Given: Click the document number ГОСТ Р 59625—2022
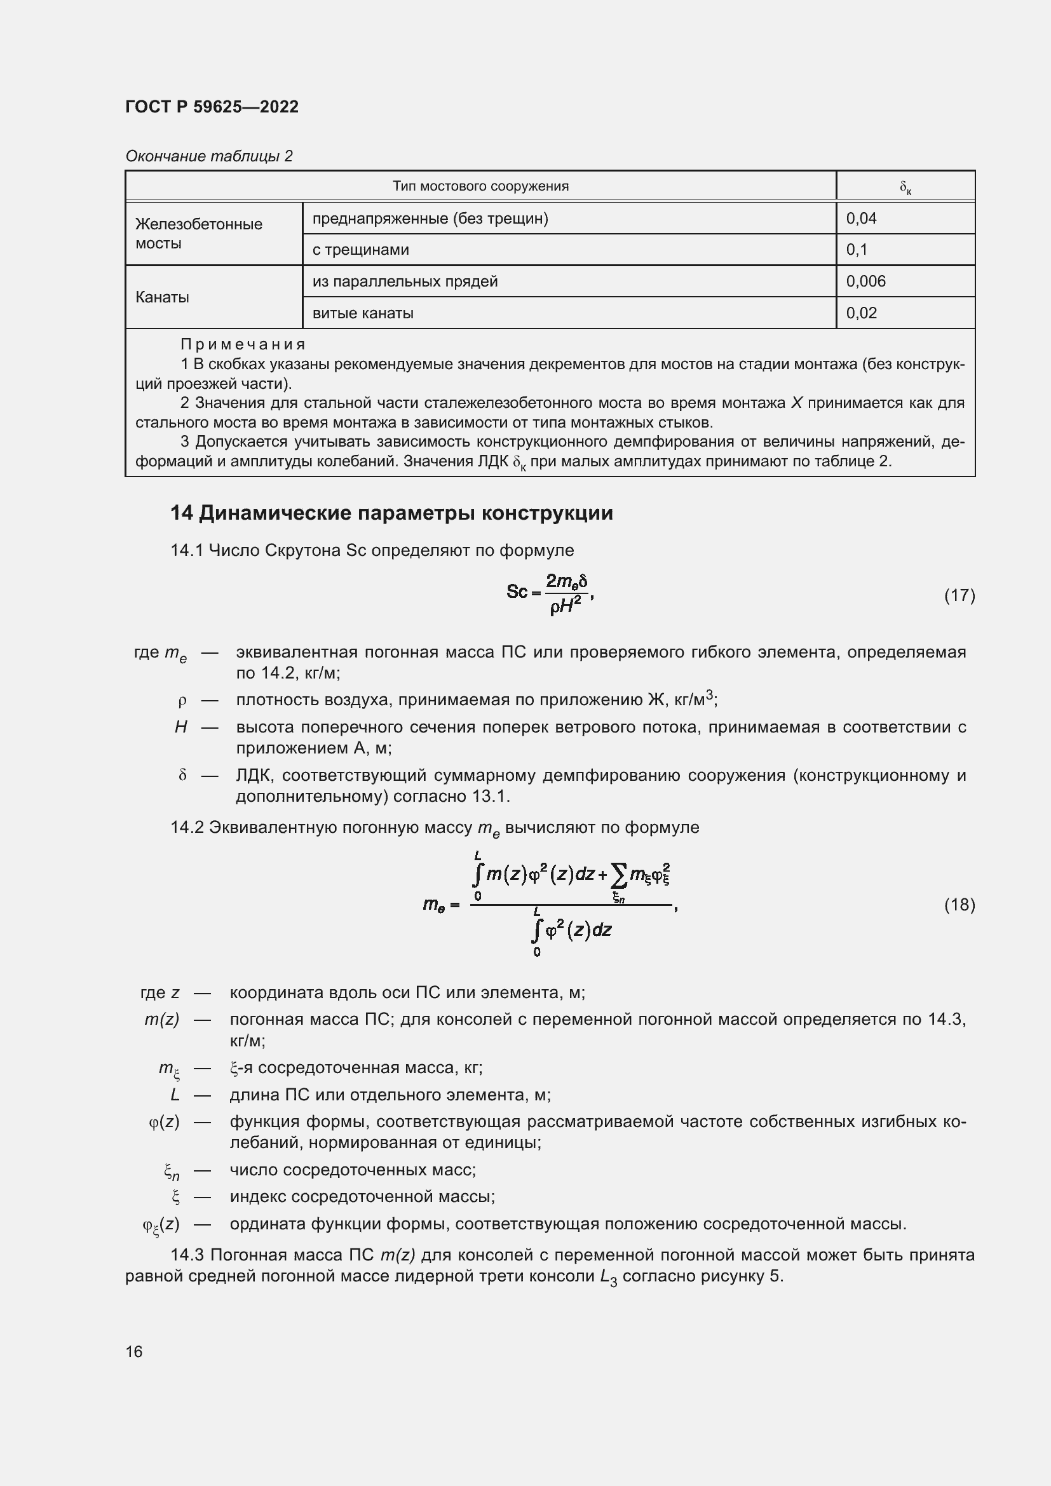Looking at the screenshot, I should point(212,107).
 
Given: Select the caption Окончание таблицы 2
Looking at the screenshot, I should point(208,156).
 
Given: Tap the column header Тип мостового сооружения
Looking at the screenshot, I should point(480,186).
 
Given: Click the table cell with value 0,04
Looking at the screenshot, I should point(861,219).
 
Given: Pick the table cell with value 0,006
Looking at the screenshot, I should point(865,281).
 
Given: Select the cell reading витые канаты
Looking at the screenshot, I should point(363,313).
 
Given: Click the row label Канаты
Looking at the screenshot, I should point(162,298).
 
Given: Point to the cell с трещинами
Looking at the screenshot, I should point(360,250).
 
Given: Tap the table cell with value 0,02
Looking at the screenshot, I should point(861,313).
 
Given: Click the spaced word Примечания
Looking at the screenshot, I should point(243,344).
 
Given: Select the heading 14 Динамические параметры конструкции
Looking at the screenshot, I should point(391,513).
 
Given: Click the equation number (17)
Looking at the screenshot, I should point(959,595).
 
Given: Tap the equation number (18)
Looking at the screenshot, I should point(959,904).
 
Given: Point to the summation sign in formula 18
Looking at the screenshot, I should point(619,876).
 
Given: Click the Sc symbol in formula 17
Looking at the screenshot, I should point(517,591).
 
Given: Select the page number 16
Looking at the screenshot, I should point(134,1351).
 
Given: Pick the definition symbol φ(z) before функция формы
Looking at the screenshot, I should point(164,1121).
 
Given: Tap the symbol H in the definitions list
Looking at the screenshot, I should point(180,727).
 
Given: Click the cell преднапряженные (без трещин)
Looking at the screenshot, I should point(430,219).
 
